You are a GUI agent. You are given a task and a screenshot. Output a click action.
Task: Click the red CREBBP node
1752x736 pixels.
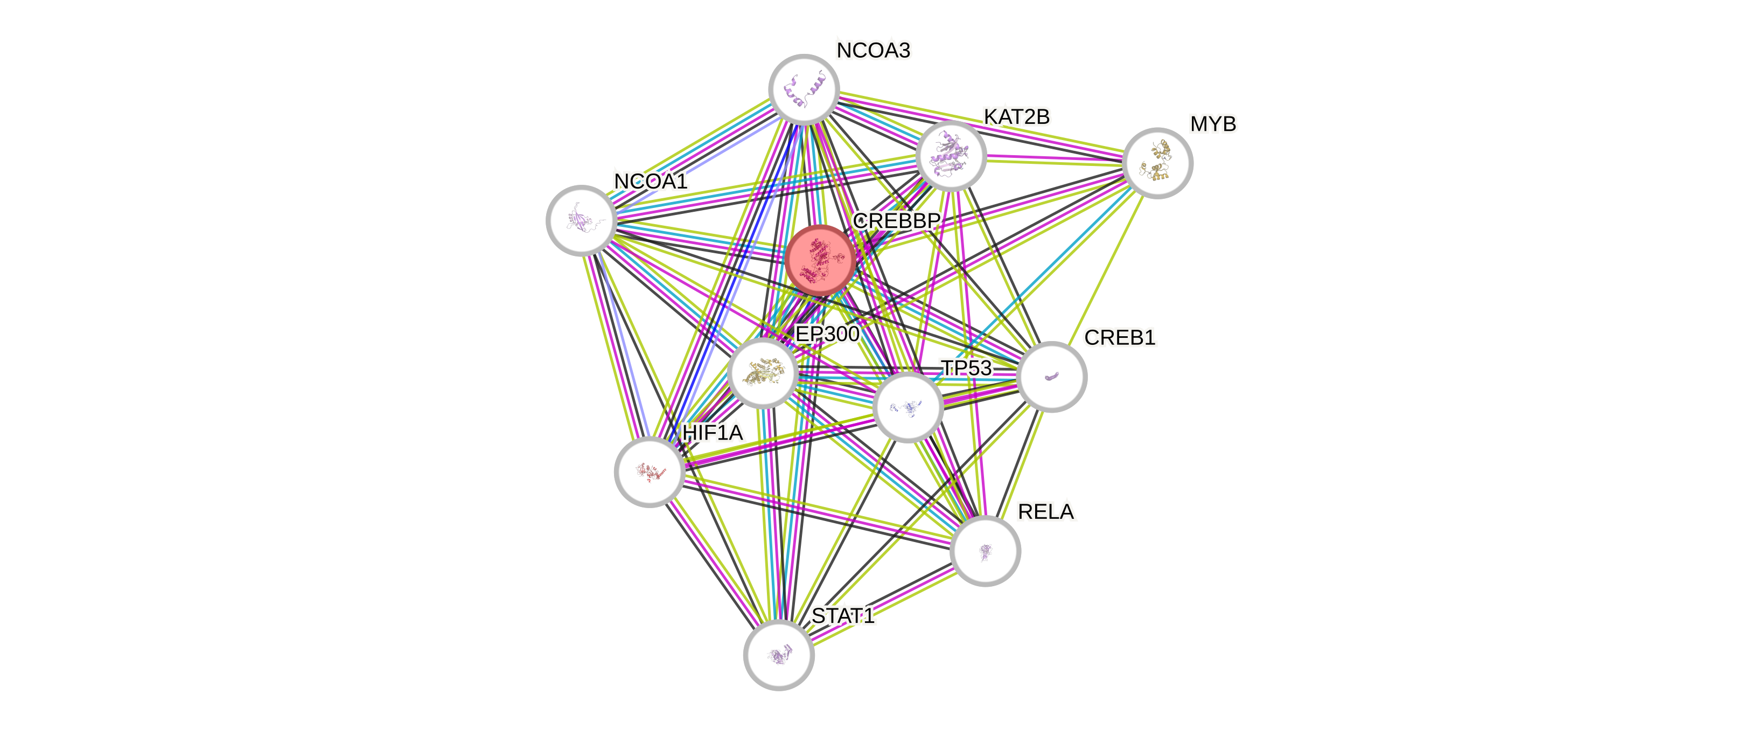[820, 260]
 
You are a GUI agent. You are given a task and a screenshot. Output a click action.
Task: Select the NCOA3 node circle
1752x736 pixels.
[804, 89]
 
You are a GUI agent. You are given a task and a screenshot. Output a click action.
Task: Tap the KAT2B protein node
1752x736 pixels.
[951, 156]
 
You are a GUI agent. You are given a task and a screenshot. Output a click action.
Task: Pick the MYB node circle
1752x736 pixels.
[1157, 163]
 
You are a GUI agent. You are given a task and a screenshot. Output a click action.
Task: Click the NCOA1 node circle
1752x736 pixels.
[582, 220]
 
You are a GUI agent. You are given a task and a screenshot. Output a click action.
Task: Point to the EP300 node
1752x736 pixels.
[763, 373]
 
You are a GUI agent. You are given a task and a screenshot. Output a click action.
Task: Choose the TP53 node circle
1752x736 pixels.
[908, 407]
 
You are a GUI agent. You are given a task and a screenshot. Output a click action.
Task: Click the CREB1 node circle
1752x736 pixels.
[1051, 376]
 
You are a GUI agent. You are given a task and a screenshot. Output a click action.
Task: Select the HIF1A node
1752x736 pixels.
[650, 471]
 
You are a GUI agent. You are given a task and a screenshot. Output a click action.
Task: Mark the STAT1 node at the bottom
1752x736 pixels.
[779, 655]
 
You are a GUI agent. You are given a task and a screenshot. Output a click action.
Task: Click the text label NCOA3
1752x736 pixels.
[873, 50]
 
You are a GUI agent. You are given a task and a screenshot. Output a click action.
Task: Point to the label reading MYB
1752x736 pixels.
[1213, 124]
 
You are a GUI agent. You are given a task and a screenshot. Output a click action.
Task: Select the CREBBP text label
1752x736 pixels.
[896, 220]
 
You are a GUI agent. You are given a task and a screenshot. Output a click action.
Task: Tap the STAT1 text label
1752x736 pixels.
[843, 616]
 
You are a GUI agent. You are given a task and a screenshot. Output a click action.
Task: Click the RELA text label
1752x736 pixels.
[1046, 511]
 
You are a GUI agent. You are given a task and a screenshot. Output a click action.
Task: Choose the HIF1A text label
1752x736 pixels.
[713, 433]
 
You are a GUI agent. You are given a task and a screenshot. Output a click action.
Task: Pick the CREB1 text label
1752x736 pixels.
[1120, 337]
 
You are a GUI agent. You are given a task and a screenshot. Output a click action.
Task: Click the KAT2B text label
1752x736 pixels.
[1017, 117]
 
